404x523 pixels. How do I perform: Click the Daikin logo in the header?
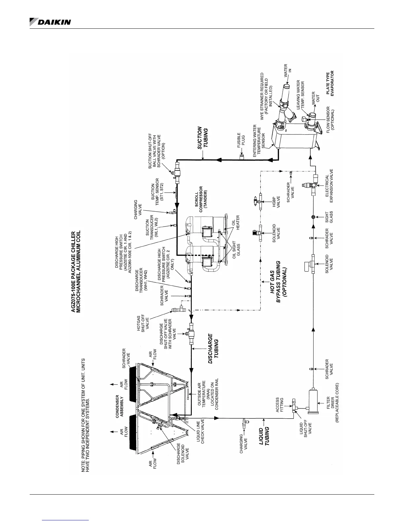[x=50, y=22]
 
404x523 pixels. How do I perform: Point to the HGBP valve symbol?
[x=259, y=200]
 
